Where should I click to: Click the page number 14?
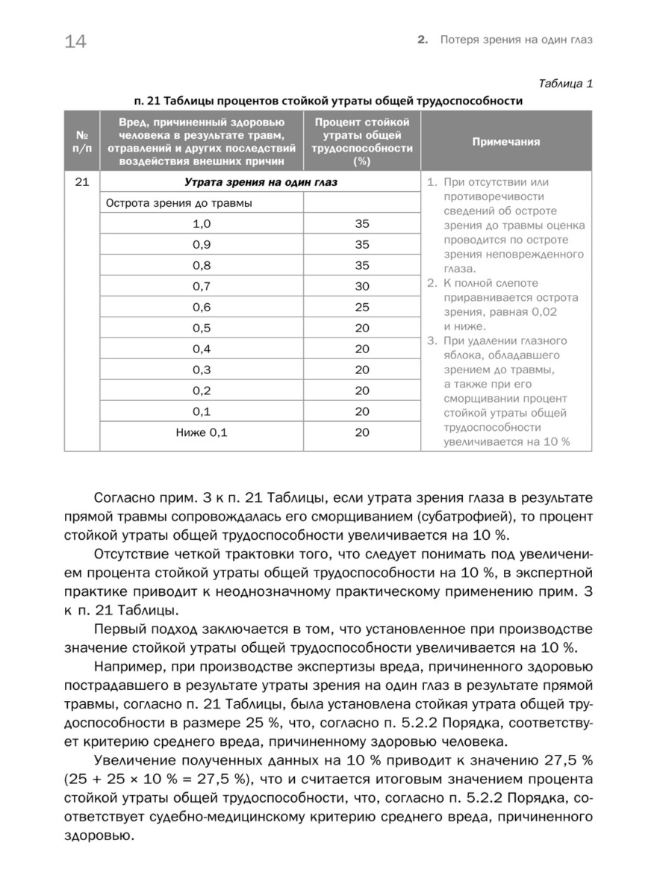[75, 42]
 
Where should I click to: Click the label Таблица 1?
[565, 83]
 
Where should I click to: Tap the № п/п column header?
[82, 141]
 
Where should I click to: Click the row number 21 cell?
[82, 182]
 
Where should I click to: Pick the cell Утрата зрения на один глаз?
[260, 182]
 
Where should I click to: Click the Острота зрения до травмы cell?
[179, 202]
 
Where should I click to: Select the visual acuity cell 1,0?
[202, 223]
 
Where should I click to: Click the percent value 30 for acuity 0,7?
[362, 286]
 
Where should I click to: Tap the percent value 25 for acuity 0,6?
[362, 307]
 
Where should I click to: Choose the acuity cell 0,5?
[202, 328]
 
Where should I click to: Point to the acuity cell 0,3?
[202, 370]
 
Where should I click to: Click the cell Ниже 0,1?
[202, 432]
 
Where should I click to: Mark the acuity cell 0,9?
[202, 244]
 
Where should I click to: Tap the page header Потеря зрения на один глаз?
[517, 40]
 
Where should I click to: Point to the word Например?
[127, 667]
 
